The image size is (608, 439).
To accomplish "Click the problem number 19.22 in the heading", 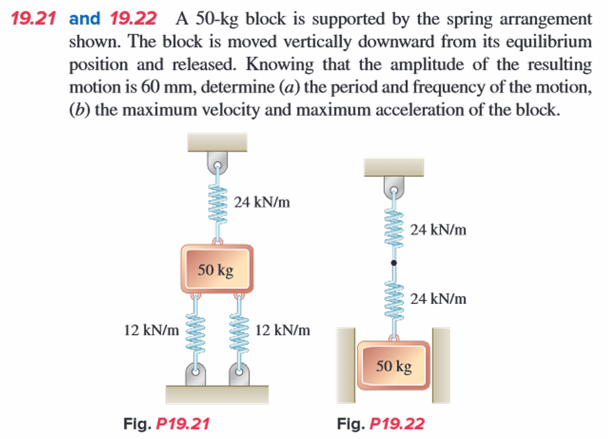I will [133, 18].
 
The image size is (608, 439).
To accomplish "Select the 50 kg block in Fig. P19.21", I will [216, 269].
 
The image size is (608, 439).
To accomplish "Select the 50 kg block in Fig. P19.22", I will [394, 365].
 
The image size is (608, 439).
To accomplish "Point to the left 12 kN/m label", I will [151, 329].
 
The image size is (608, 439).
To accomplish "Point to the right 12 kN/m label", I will [282, 329].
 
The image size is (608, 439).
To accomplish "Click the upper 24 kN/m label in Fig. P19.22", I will [438, 230].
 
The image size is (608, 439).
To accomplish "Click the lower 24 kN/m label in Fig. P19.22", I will [438, 299].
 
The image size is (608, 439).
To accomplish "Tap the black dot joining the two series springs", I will [394, 264].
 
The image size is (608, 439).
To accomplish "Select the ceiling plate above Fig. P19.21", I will [217, 142].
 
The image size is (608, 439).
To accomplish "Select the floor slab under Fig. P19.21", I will [217, 395].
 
